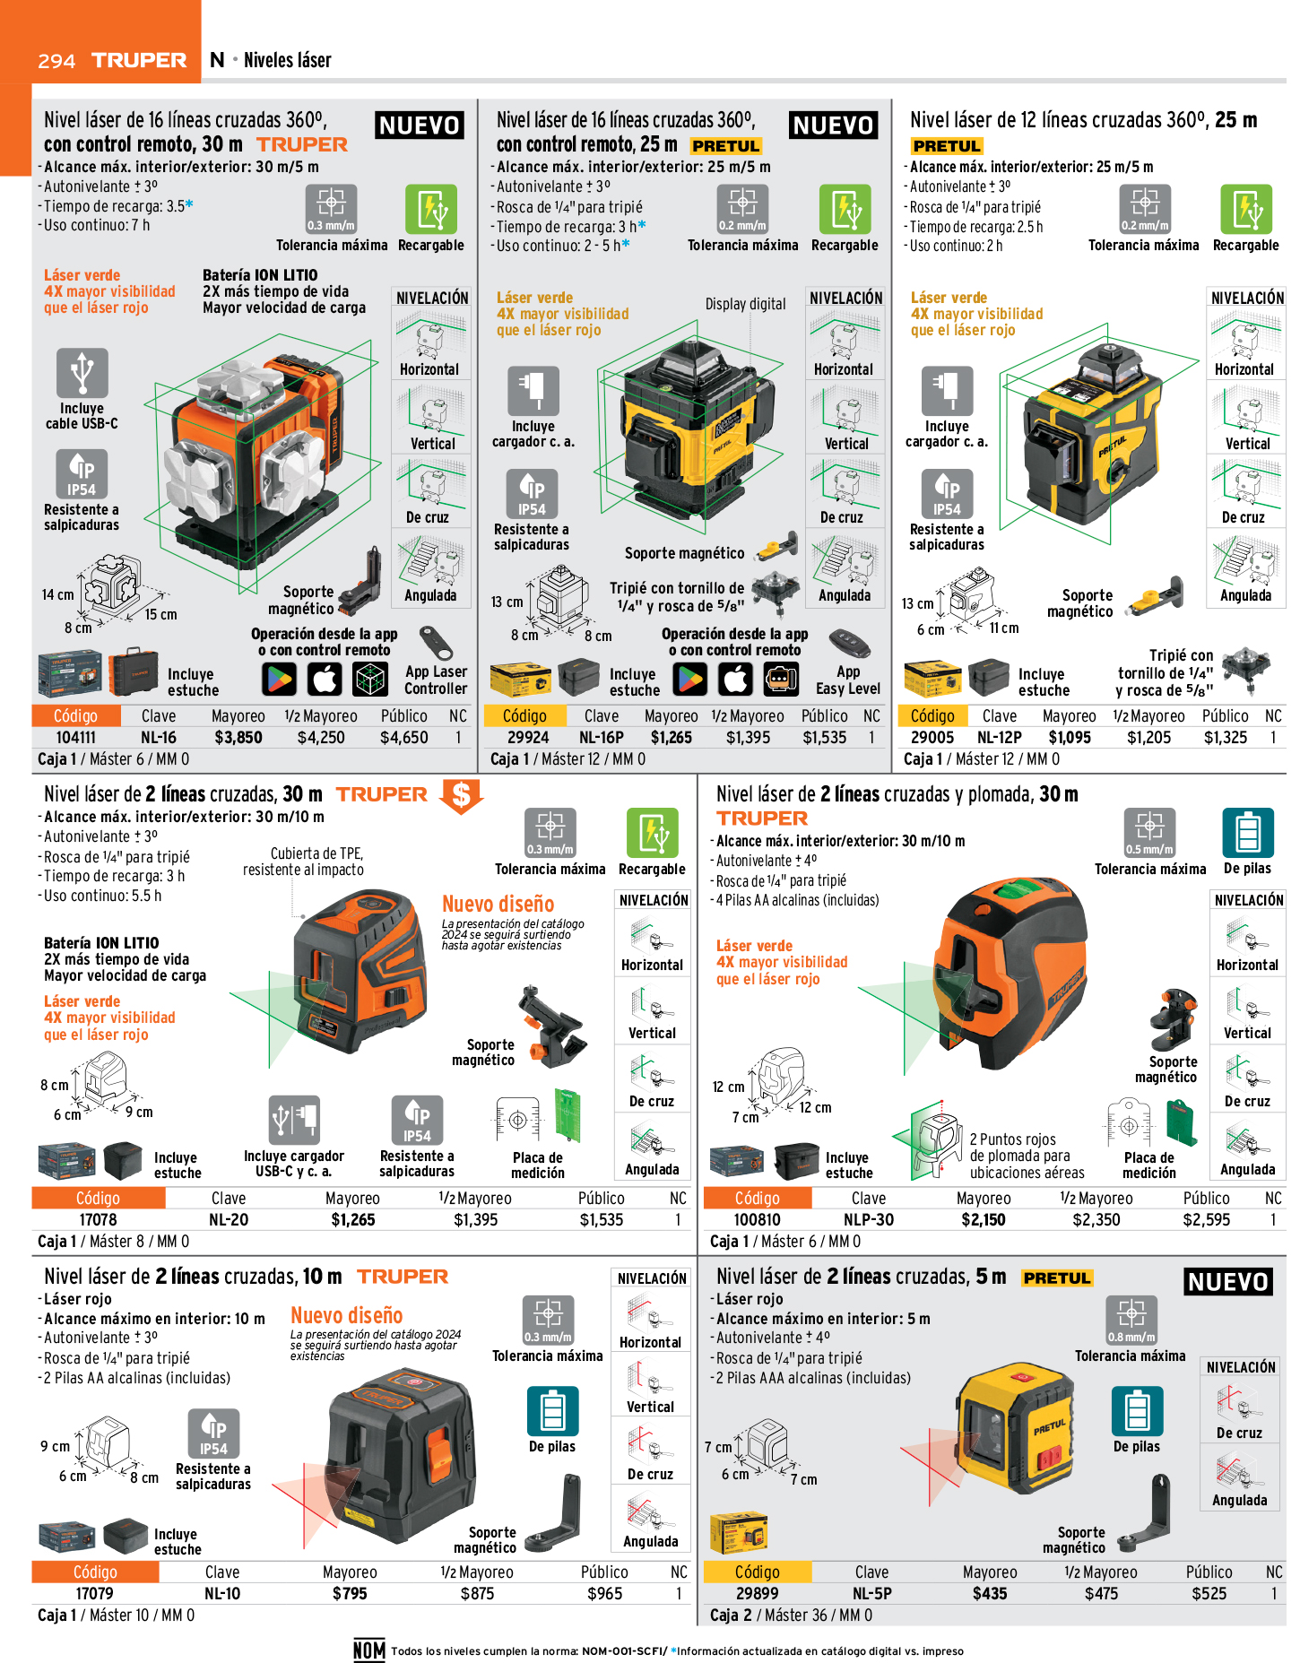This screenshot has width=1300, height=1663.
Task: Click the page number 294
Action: click(56, 61)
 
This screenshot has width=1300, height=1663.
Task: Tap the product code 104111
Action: click(75, 738)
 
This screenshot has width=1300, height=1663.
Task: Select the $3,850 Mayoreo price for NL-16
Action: click(238, 738)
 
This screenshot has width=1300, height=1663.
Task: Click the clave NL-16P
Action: click(601, 738)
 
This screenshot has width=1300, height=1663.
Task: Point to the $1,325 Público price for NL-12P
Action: click(1226, 738)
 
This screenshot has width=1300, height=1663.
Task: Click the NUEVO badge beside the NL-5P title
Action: click(1227, 1282)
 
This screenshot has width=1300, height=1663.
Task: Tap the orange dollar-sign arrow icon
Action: click(461, 795)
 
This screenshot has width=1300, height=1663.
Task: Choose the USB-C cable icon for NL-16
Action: click(82, 372)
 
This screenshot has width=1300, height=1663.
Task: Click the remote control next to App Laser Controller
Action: click(436, 642)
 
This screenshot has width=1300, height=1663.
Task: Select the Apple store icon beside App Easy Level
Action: click(735, 680)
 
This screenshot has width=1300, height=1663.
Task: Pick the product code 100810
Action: click(757, 1220)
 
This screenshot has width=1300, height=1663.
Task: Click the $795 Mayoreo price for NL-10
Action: click(350, 1593)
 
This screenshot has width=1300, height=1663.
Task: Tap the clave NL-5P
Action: click(871, 1593)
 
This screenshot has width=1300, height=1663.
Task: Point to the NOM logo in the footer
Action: click(369, 1650)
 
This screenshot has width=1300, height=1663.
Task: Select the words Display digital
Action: click(745, 304)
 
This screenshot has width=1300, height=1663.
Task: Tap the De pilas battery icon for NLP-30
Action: click(1248, 834)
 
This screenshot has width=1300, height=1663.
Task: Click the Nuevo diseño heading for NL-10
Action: click(347, 1315)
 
